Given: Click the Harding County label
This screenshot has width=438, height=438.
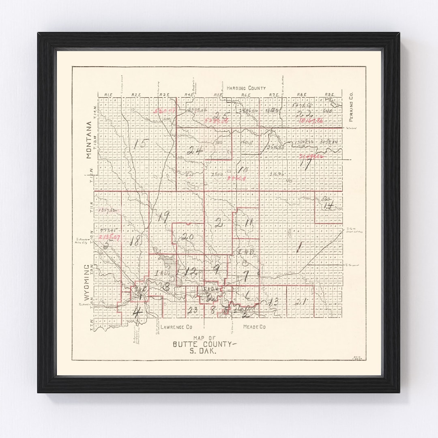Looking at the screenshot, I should [246, 88].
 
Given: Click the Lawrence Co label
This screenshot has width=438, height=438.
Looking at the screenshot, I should [176, 326].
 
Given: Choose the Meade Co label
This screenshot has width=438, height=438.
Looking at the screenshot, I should [254, 326].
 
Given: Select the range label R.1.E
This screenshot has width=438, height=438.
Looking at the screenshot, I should [108, 94].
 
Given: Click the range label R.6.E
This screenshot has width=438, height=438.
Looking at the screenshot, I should [245, 94].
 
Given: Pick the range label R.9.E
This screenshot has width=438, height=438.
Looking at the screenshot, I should [328, 94].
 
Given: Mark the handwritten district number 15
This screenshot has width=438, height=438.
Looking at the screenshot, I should [142, 143].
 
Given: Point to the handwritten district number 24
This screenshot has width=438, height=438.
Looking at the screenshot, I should [195, 150].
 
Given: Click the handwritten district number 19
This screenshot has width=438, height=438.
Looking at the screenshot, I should [163, 217].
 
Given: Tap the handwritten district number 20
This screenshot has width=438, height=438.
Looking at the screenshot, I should [187, 237].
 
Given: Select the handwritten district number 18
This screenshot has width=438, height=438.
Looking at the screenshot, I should [135, 240].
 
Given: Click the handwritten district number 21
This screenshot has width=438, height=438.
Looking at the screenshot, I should [301, 301].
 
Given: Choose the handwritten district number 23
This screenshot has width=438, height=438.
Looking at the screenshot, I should [192, 310].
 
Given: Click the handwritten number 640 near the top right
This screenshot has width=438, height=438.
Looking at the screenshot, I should [327, 110].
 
